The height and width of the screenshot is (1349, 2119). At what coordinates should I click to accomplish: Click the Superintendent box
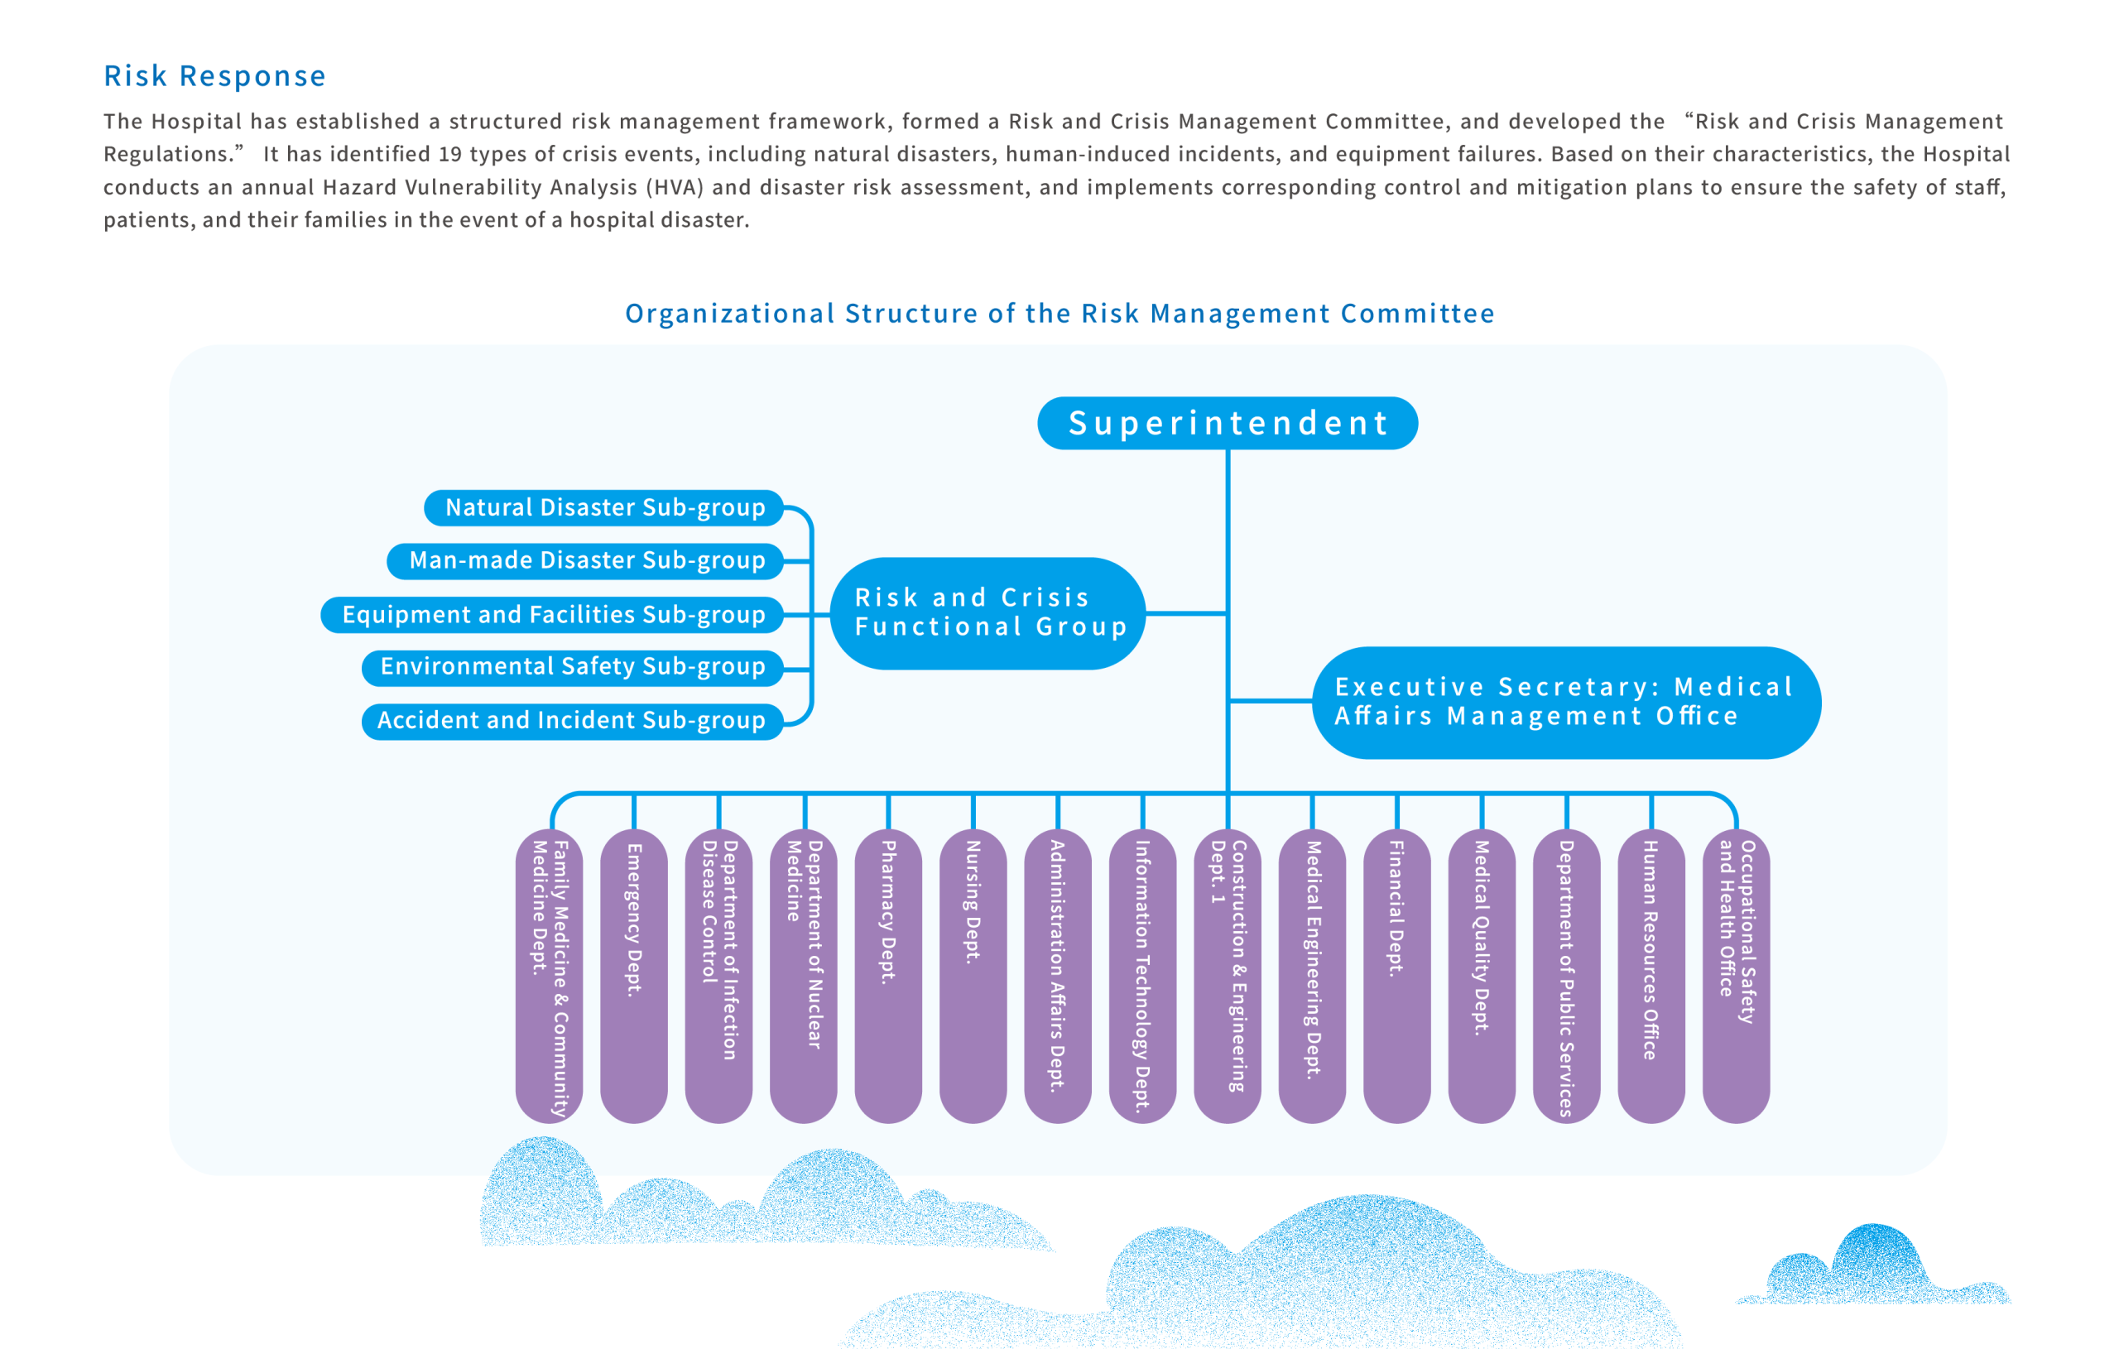click(x=1228, y=423)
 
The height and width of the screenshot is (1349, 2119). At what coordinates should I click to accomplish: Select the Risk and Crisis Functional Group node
click(x=987, y=613)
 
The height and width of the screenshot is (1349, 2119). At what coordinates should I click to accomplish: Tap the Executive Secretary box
click(x=1566, y=702)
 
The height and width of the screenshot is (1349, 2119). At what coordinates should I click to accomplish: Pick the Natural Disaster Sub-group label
click(x=603, y=508)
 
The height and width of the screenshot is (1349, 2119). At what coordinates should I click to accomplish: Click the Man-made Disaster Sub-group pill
click(x=585, y=560)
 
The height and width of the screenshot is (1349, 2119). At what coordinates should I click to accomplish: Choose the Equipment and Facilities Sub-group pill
click(x=552, y=614)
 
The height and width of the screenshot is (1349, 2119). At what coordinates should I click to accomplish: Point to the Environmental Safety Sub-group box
click(x=573, y=667)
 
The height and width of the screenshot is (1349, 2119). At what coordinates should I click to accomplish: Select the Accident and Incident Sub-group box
click(x=573, y=721)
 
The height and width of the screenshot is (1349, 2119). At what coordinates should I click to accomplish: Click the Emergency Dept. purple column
click(x=633, y=976)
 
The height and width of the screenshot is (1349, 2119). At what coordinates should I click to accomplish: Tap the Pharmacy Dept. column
click(x=888, y=976)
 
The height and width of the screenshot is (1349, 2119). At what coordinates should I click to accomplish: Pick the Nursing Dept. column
click(x=973, y=976)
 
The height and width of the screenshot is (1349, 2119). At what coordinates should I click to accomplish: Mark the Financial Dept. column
click(x=1396, y=976)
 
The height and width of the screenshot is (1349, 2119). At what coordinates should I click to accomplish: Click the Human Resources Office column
click(x=1651, y=976)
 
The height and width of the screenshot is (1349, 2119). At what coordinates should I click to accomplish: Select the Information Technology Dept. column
click(x=1142, y=976)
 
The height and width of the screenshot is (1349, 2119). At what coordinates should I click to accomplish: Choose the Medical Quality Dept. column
click(x=1482, y=976)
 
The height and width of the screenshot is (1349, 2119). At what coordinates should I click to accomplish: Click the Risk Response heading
click(x=214, y=77)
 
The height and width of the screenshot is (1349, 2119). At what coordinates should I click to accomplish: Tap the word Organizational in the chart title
click(x=729, y=314)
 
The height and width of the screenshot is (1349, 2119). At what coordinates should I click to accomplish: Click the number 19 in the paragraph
click(x=449, y=154)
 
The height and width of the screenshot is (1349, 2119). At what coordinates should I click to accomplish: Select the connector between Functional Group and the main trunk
click(x=1186, y=613)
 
